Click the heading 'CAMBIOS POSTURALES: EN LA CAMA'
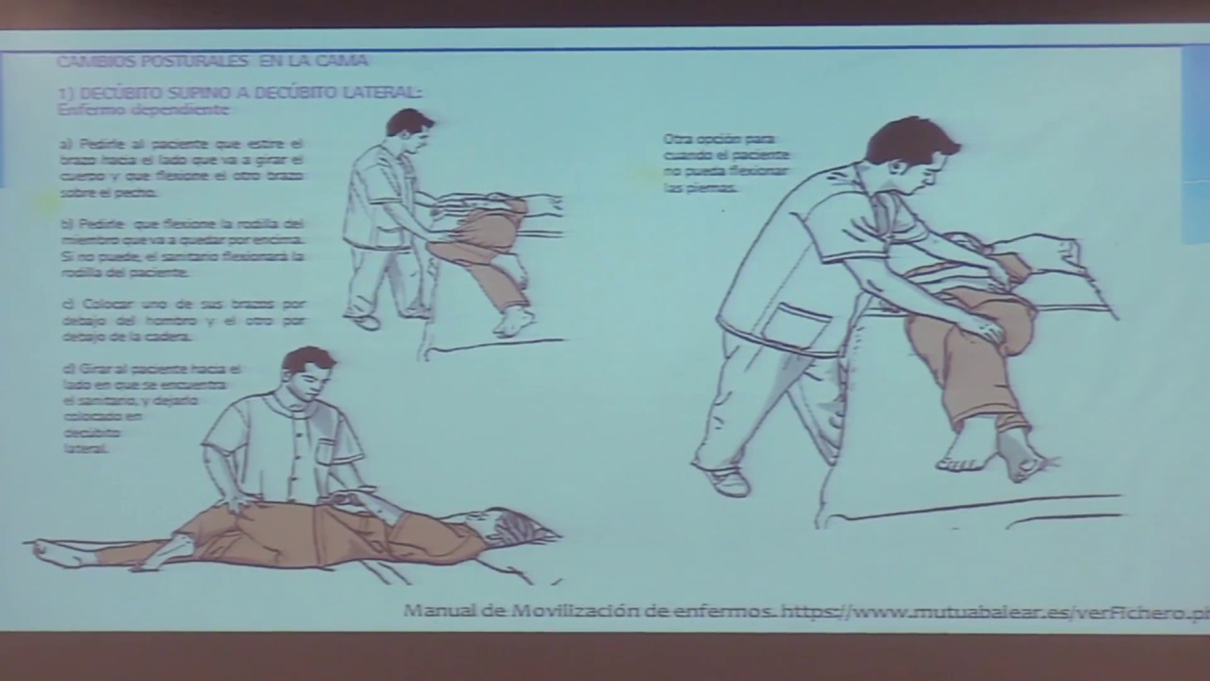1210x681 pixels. click(x=212, y=61)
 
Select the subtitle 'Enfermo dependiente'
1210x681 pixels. click(x=143, y=110)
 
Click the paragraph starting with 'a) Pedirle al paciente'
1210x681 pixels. click(x=181, y=167)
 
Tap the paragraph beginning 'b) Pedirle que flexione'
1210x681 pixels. click(x=181, y=248)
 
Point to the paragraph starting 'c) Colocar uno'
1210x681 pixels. click(x=181, y=320)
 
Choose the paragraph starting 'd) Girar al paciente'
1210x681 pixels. click(x=151, y=408)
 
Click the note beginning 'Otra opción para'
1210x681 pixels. click(x=725, y=163)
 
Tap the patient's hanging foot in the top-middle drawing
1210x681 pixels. click(x=514, y=322)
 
